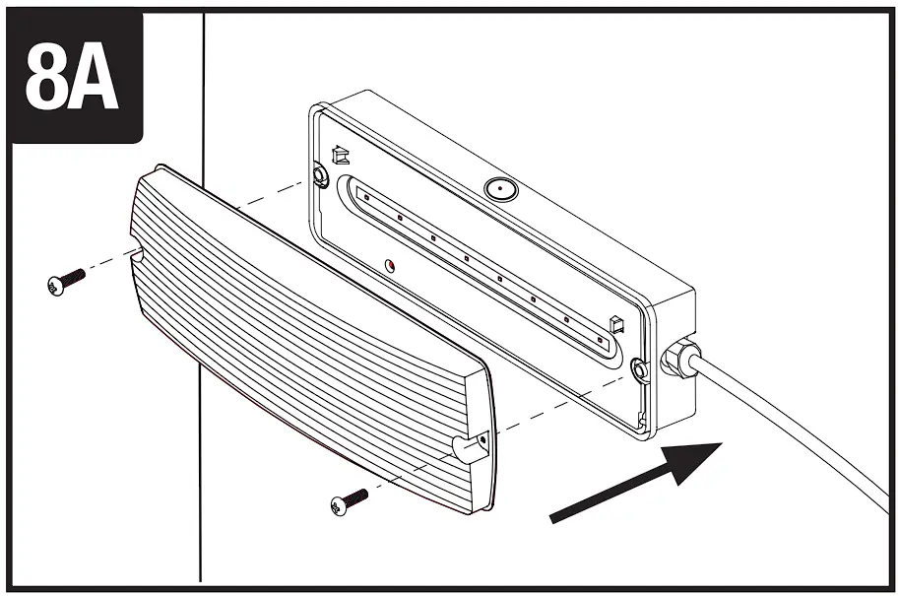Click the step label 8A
[72, 76]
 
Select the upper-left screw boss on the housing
[319, 175]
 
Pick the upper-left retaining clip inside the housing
[341, 155]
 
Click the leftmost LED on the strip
[365, 197]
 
